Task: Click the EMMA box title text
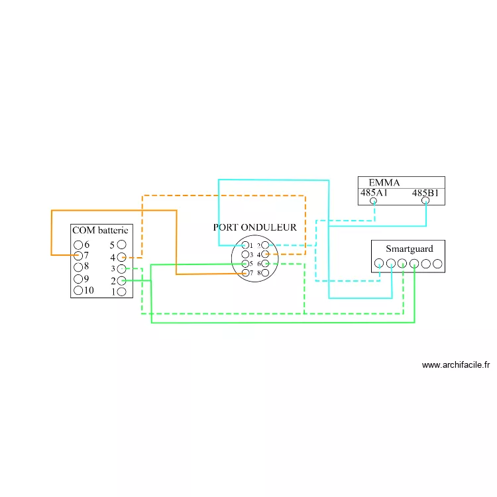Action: [384, 183]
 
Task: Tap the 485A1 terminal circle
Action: [374, 201]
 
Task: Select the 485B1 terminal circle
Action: [426, 201]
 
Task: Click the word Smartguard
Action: [410, 249]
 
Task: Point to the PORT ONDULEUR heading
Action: [255, 227]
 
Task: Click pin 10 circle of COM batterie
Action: [78, 290]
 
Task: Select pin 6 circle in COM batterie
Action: [78, 245]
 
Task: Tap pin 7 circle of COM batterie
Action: [78, 256]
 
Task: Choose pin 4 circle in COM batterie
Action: [121, 257]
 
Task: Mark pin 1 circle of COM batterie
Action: [121, 292]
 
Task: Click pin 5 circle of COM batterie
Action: [121, 245]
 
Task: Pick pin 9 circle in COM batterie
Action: [78, 279]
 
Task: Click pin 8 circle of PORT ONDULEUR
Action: [265, 273]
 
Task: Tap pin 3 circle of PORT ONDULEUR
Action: [246, 254]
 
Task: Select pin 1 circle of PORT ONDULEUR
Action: [246, 245]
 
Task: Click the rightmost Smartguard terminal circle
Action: [437, 264]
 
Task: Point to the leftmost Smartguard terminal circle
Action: [379, 264]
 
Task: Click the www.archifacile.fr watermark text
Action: [455, 364]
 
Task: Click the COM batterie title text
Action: [99, 231]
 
